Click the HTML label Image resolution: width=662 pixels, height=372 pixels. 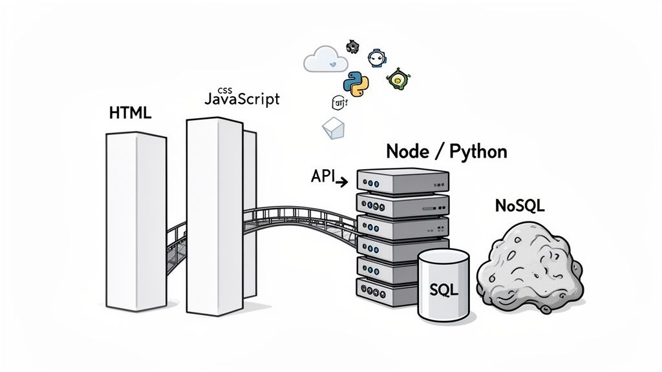pyautogui.click(x=130, y=114)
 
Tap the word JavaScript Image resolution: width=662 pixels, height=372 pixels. pyautogui.click(x=242, y=99)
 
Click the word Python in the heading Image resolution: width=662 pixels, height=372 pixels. pyautogui.click(x=477, y=152)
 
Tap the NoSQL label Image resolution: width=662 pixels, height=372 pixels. pyautogui.click(x=519, y=206)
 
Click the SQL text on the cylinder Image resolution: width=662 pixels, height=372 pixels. pyautogui.click(x=443, y=290)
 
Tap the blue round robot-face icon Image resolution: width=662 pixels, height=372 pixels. pyautogui.click(x=375, y=58)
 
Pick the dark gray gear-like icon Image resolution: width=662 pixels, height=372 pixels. pyautogui.click(x=352, y=46)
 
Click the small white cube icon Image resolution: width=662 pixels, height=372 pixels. pyautogui.click(x=332, y=129)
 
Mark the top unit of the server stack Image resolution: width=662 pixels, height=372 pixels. pyautogui.click(x=402, y=180)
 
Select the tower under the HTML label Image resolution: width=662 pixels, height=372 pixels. pyautogui.click(x=136, y=220)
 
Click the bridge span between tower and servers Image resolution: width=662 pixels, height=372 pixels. pyautogui.click(x=297, y=216)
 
